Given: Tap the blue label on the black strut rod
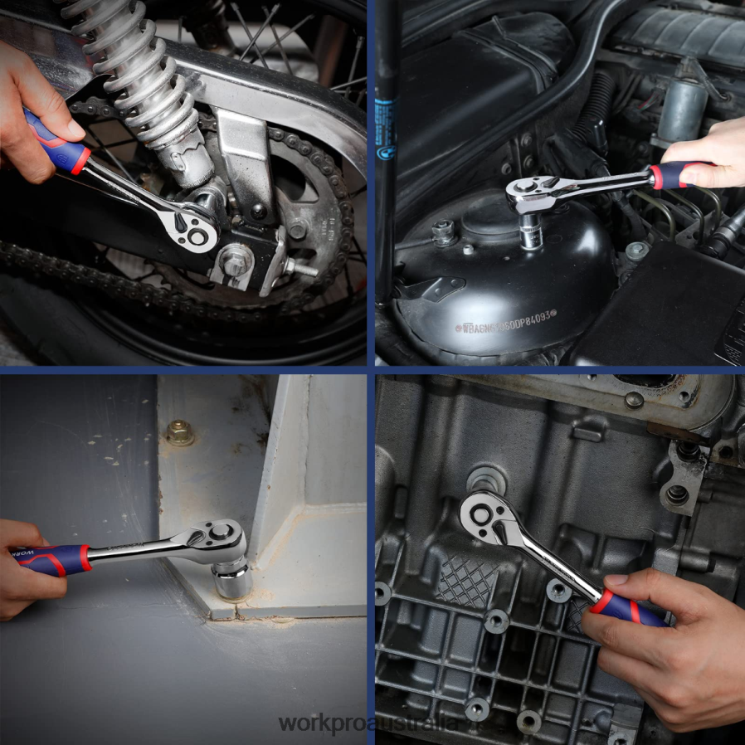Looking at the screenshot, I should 384,129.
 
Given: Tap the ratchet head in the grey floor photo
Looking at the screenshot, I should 218,540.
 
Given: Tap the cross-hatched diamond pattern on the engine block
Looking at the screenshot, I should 468,581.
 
